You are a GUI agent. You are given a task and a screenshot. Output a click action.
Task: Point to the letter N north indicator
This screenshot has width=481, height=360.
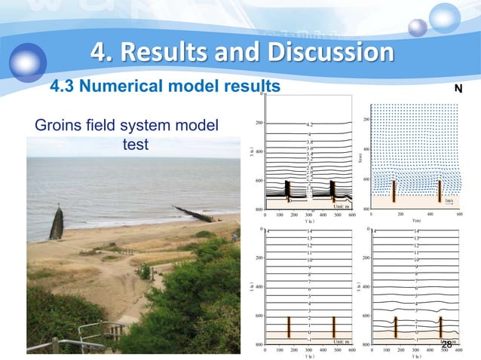[x=458, y=89]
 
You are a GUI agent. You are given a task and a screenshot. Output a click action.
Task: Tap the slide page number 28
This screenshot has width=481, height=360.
[x=447, y=345]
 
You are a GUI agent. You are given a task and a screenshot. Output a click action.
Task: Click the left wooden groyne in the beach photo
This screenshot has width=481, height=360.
[x=57, y=223]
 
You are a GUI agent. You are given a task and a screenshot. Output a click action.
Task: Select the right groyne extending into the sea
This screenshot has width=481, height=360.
[x=194, y=214]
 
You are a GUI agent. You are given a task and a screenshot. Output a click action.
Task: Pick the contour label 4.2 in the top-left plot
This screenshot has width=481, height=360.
[x=310, y=124]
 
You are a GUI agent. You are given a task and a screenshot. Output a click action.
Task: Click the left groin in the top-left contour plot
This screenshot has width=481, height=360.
[x=286, y=192]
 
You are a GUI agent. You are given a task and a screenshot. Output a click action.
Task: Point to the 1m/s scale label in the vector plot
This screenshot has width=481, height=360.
[x=449, y=201]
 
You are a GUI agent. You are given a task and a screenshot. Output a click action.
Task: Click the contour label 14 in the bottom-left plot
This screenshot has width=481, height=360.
[x=310, y=231]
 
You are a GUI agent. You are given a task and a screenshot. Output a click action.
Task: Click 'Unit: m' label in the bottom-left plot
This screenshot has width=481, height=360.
[x=340, y=342]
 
